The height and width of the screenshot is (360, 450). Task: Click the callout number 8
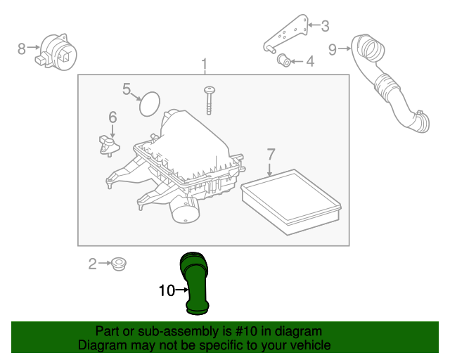pyautogui.click(x=22, y=49)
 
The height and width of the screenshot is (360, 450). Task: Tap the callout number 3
pyautogui.click(x=325, y=27)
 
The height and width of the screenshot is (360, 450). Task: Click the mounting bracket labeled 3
pyautogui.click(x=290, y=34)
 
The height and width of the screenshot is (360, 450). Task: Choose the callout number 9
pyautogui.click(x=333, y=49)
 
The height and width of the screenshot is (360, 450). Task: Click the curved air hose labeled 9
pyautogui.click(x=390, y=84)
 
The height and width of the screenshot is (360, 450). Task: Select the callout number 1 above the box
pyautogui.click(x=205, y=65)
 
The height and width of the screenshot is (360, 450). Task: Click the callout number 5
pyautogui.click(x=127, y=89)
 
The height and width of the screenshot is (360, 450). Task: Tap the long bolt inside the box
pyautogui.click(x=210, y=99)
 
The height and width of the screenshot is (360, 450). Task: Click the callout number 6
pyautogui.click(x=112, y=117)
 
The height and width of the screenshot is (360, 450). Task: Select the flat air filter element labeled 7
pyautogui.click(x=291, y=200)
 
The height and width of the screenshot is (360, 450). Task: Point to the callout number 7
pyautogui.click(x=271, y=153)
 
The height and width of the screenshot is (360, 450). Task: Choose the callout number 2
pyautogui.click(x=92, y=264)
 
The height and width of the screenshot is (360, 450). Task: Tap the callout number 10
pyautogui.click(x=166, y=289)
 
